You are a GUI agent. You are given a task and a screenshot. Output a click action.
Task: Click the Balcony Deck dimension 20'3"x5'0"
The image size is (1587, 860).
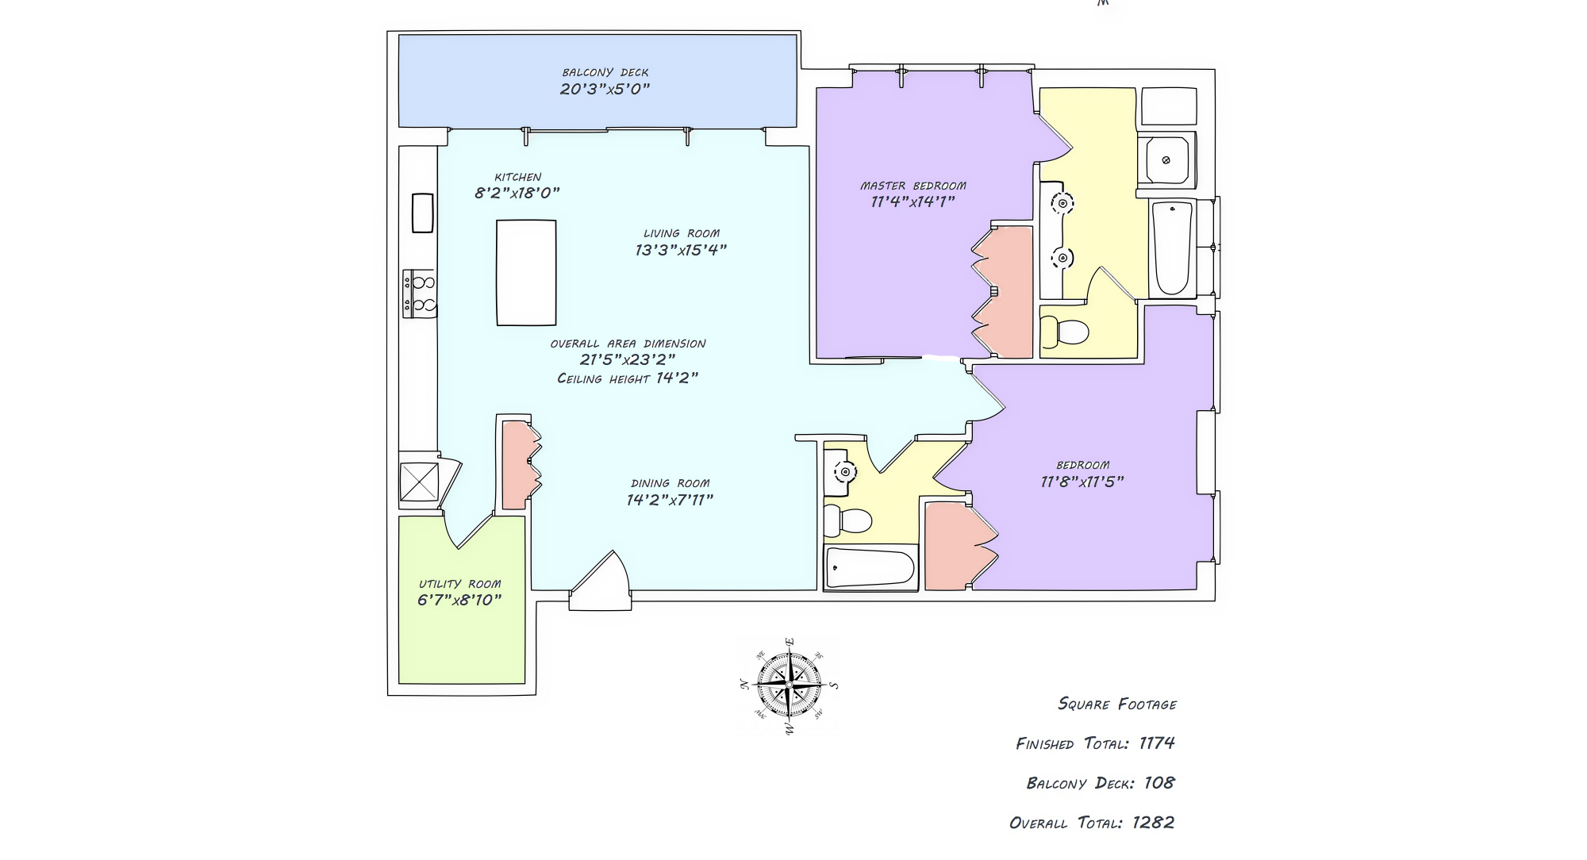pyautogui.click(x=605, y=89)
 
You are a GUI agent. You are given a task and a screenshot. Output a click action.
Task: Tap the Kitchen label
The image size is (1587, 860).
pyautogui.click(x=518, y=177)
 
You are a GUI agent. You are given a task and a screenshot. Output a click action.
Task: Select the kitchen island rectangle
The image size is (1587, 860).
pyautogui.click(x=526, y=273)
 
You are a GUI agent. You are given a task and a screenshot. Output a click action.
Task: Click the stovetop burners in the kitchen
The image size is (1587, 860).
pyautogui.click(x=420, y=294)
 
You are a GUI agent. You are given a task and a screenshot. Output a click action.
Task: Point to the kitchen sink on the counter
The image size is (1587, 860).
pyautogui.click(x=423, y=213)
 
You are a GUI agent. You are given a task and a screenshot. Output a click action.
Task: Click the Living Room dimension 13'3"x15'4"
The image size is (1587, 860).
pyautogui.click(x=681, y=250)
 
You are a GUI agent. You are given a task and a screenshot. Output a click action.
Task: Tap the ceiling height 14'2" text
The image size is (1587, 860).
pyautogui.click(x=628, y=378)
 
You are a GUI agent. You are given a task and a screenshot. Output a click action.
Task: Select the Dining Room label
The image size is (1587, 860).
pyautogui.click(x=671, y=483)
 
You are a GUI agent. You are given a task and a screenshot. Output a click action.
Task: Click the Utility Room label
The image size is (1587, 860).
pyautogui.click(x=460, y=584)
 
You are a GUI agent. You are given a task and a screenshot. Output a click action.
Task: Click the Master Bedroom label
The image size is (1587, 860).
pyautogui.click(x=913, y=186)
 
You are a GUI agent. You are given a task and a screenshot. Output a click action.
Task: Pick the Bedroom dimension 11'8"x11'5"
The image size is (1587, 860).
pyautogui.click(x=1082, y=482)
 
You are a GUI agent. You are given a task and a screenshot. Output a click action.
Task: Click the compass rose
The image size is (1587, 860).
pyautogui.click(x=789, y=685)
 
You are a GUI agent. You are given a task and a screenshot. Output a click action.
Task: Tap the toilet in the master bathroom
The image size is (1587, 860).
pyautogui.click(x=1064, y=332)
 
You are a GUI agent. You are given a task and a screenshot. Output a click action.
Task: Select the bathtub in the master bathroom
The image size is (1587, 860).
pyautogui.click(x=1172, y=248)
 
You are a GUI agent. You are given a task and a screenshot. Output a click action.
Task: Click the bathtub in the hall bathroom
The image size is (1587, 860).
pyautogui.click(x=870, y=568)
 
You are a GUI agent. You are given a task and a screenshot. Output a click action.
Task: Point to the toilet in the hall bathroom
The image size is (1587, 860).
pyautogui.click(x=847, y=520)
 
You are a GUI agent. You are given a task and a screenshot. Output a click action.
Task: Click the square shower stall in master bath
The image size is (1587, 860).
pyautogui.click(x=1166, y=160)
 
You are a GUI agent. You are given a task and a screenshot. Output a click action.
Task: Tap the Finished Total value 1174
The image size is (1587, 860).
pyautogui.click(x=1157, y=743)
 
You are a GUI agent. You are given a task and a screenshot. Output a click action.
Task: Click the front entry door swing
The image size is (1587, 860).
pyautogui.click(x=601, y=580)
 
